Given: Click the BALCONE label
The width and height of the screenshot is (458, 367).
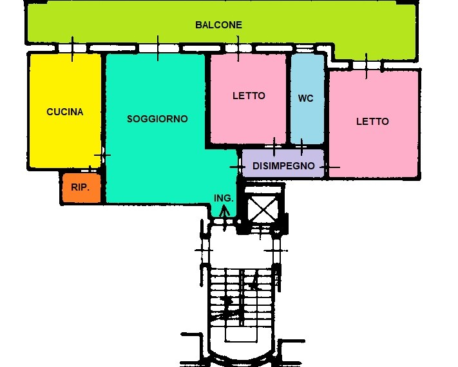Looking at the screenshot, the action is pyautogui.click(x=218, y=25).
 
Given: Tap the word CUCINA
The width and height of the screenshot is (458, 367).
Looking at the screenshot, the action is pyautogui.click(x=65, y=112).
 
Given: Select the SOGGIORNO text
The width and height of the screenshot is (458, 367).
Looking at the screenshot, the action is pyautogui.click(x=157, y=119).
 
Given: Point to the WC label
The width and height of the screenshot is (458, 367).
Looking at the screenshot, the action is pyautogui.click(x=306, y=99).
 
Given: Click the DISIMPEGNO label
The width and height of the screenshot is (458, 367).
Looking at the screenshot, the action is pyautogui.click(x=283, y=166).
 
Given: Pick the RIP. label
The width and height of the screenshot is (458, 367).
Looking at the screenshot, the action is pyautogui.click(x=81, y=187).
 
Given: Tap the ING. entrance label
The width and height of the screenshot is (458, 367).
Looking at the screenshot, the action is pyautogui.click(x=224, y=198).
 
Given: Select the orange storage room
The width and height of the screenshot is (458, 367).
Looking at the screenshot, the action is pyautogui.click(x=82, y=188).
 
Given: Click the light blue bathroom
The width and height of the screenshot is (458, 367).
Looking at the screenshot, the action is pyautogui.click(x=307, y=99).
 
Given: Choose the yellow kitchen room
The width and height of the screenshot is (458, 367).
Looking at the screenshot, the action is pyautogui.click(x=65, y=111).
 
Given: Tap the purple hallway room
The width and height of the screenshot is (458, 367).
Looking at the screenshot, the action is pyautogui.click(x=283, y=164).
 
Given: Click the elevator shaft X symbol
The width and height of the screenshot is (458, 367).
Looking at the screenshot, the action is pyautogui.click(x=262, y=209).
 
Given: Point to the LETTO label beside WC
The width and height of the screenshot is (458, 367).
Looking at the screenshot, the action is pyautogui.click(x=249, y=96).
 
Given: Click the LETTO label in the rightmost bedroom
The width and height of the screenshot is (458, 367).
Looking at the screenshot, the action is pyautogui.click(x=372, y=122).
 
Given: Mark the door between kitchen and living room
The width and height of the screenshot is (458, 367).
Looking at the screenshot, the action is pyautogui.click(x=102, y=155).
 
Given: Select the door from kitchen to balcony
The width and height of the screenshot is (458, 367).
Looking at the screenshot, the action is pyautogui.click(x=72, y=49).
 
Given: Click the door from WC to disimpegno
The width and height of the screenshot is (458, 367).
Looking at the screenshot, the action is pyautogui.click(x=301, y=147).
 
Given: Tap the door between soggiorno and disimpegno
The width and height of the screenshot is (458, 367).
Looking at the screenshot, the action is pyautogui.click(x=238, y=167).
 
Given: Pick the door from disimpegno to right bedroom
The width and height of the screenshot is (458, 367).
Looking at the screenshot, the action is pyautogui.click(x=329, y=167).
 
